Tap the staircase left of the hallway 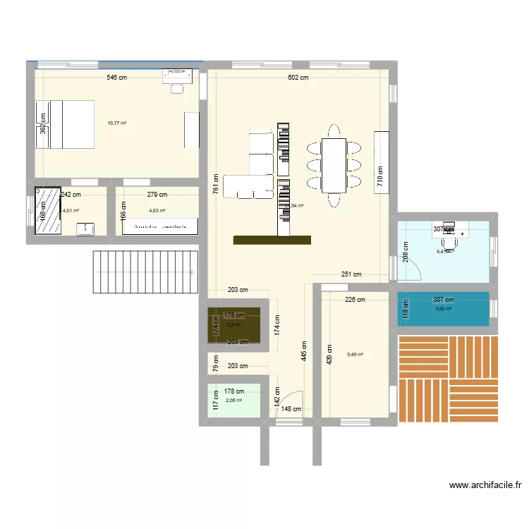pos(144,272)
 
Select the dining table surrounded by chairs pos(333,166)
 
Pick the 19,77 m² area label pos(116,123)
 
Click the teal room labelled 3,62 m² pos(443,309)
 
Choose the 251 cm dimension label pos(351,274)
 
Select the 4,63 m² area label pos(157,210)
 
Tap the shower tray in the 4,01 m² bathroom pos(49,209)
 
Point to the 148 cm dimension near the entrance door pos(291,409)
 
